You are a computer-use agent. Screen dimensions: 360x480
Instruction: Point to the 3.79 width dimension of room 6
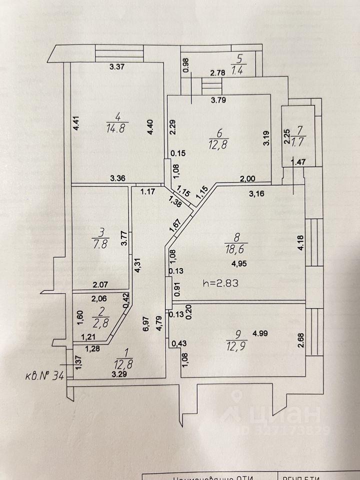click(218, 100)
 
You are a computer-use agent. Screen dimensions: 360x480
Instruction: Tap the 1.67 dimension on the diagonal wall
click(175, 224)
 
